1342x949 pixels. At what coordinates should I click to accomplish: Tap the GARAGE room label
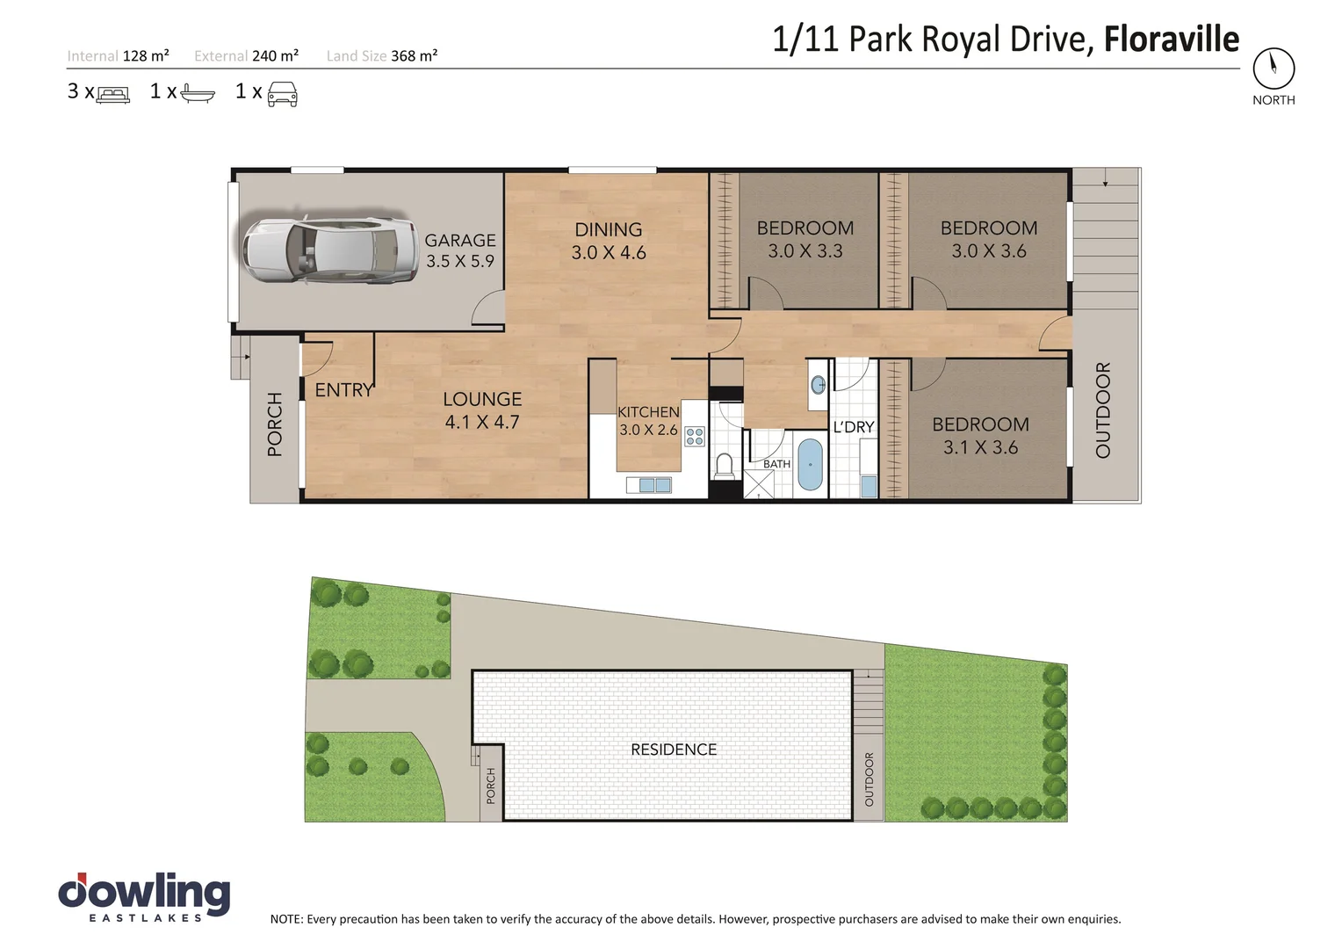(x=459, y=250)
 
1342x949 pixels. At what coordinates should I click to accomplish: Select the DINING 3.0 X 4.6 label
(x=608, y=241)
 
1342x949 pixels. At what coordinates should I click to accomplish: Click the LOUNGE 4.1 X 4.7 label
(x=482, y=410)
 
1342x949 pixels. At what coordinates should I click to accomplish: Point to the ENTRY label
(x=344, y=390)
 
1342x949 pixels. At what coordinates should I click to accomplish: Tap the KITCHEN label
(x=648, y=412)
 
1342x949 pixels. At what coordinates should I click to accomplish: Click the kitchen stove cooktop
(x=695, y=436)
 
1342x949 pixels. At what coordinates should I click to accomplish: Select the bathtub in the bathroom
(x=810, y=465)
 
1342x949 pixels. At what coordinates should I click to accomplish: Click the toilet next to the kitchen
(x=725, y=466)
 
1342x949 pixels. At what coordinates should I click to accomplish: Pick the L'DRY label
(x=854, y=427)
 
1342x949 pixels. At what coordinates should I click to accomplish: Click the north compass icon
(x=1273, y=68)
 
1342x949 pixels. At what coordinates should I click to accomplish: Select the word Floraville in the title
(x=1171, y=40)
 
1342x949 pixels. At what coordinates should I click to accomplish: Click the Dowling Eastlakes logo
(x=144, y=897)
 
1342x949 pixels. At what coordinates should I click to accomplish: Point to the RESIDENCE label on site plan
(x=674, y=750)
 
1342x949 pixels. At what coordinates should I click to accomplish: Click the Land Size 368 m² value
(x=414, y=56)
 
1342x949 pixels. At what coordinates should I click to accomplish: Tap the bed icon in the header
(x=112, y=94)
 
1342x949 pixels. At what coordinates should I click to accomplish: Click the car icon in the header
(x=282, y=93)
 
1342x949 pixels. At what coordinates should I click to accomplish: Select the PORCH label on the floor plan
(x=275, y=424)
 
